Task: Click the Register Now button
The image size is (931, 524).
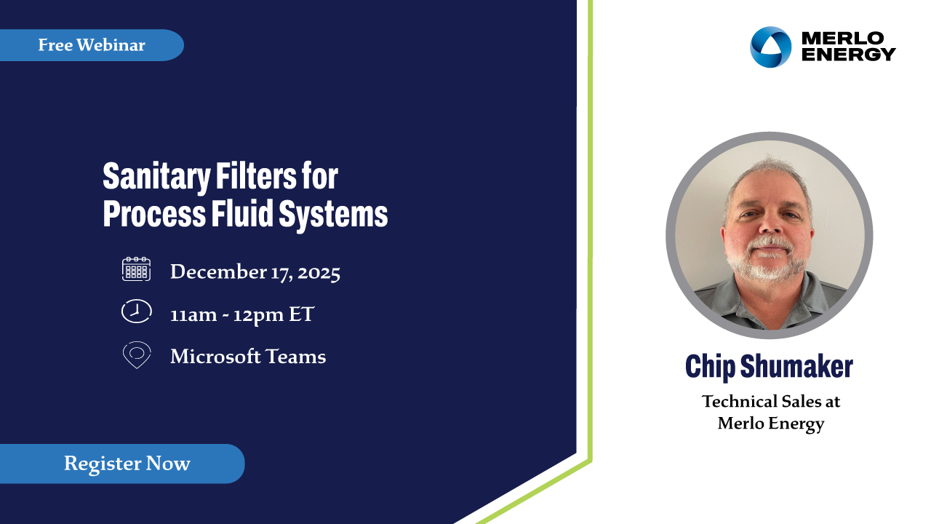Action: point(122,464)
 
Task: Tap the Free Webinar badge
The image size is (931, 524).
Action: point(92,45)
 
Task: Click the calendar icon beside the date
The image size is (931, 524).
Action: point(136,269)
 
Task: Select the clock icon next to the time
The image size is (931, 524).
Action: point(136,311)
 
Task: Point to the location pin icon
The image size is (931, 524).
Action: point(137,354)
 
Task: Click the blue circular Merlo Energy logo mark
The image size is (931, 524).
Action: point(770,47)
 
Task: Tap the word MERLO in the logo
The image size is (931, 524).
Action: point(843,39)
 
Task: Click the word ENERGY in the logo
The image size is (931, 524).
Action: point(849,54)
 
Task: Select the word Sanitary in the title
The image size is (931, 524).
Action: point(156,177)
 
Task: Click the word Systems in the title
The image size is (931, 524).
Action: point(333,214)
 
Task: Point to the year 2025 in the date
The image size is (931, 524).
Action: point(319,273)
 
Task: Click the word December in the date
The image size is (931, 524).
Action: point(218,271)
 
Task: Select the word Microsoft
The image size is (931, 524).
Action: point(215,357)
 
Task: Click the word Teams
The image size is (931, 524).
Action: point(295,357)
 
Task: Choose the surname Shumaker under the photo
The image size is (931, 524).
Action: point(796,366)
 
